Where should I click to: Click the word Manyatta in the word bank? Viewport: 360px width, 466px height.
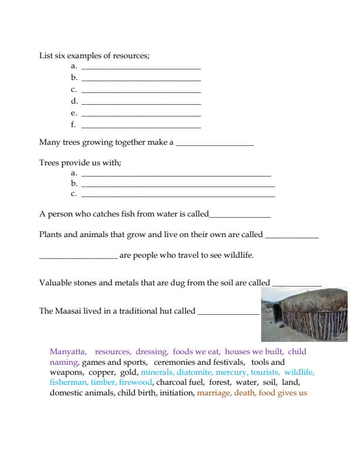(x=69, y=352)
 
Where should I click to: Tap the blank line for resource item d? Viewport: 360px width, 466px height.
(x=141, y=104)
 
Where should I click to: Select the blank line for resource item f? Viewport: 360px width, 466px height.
(x=141, y=127)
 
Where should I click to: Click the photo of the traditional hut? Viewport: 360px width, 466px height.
(x=304, y=315)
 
